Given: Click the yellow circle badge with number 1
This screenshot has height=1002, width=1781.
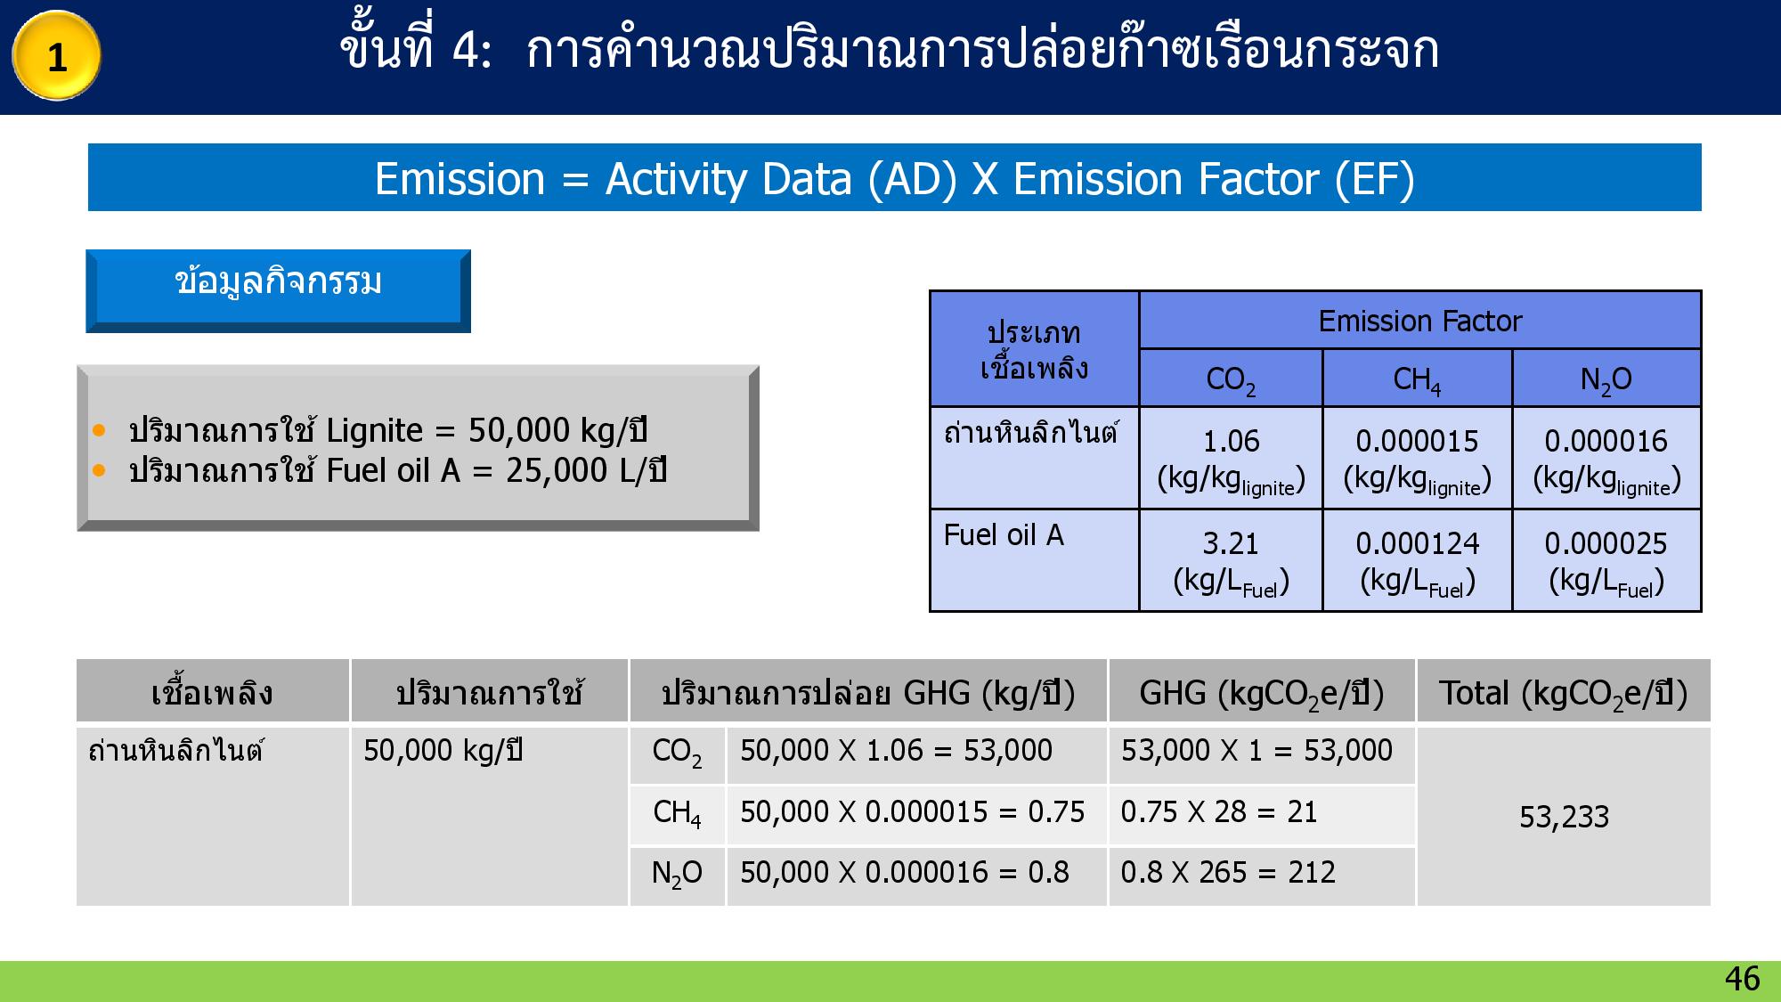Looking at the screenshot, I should (x=56, y=56).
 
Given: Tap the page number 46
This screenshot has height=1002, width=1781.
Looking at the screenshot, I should (x=1742, y=979).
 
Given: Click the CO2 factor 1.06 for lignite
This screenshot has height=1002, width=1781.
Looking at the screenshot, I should (x=1231, y=441).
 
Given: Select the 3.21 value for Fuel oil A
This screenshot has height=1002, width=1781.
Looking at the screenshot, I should (x=1231, y=543).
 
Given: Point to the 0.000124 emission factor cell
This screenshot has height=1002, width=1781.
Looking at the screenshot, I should (x=1417, y=543).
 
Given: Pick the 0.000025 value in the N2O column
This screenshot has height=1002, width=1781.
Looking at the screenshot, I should (x=1606, y=543).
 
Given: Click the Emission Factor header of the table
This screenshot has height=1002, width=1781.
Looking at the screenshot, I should (x=1419, y=321).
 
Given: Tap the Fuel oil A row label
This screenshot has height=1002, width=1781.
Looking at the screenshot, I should (x=1004, y=535).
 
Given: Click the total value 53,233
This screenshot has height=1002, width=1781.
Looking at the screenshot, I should (x=1564, y=817).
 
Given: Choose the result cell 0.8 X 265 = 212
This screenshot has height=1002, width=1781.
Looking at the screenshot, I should (x=1227, y=873).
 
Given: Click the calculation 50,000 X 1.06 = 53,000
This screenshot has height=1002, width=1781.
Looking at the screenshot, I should (x=896, y=751).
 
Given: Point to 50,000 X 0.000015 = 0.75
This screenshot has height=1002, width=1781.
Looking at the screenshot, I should (x=912, y=812).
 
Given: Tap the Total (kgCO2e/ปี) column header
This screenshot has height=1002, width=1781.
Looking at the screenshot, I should (x=1563, y=693).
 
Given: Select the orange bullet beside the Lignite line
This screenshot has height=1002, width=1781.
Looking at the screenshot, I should (x=99, y=431).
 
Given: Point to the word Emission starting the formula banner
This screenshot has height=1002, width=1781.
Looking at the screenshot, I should (x=459, y=179).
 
